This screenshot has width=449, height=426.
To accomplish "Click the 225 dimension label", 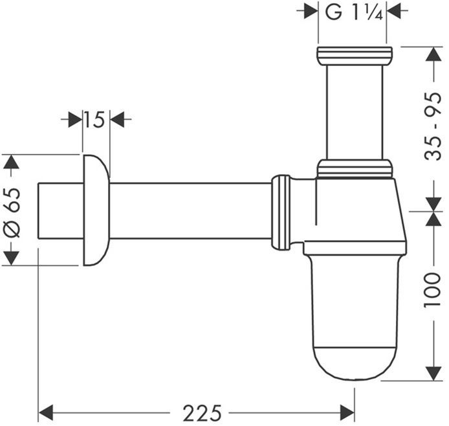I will coord(202,412).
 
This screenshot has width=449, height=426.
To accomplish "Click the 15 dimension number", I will coord(95,119).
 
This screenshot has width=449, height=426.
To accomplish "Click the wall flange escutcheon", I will coord(95,210).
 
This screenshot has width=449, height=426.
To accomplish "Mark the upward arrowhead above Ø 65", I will coord(10,161).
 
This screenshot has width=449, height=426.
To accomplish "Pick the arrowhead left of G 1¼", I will coord(311,12).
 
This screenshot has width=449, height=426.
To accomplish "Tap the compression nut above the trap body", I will coord(355,169).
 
